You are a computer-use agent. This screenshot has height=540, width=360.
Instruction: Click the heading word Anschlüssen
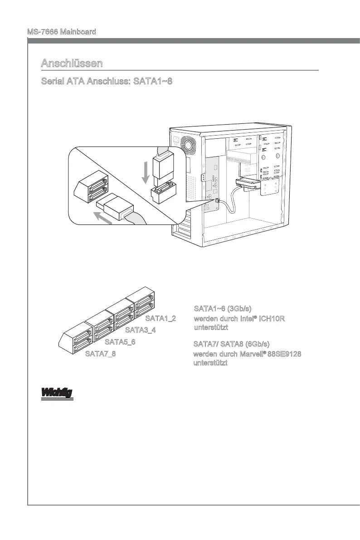tap(72, 63)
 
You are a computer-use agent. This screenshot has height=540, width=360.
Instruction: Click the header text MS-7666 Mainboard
tap(62, 32)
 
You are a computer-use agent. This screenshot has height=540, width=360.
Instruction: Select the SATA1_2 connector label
tap(161, 318)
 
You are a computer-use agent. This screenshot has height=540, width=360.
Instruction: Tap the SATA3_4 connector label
tap(141, 330)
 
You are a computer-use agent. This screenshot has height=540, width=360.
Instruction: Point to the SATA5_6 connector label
tap(120, 342)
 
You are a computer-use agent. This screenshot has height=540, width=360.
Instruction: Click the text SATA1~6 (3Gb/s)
tap(223, 309)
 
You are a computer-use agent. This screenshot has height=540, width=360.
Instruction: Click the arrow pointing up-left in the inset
tap(103, 217)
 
